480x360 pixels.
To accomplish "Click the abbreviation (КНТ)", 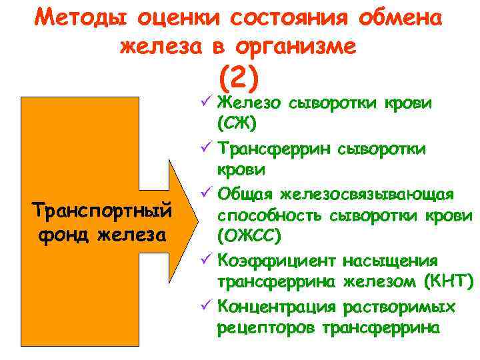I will coord(449,282).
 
